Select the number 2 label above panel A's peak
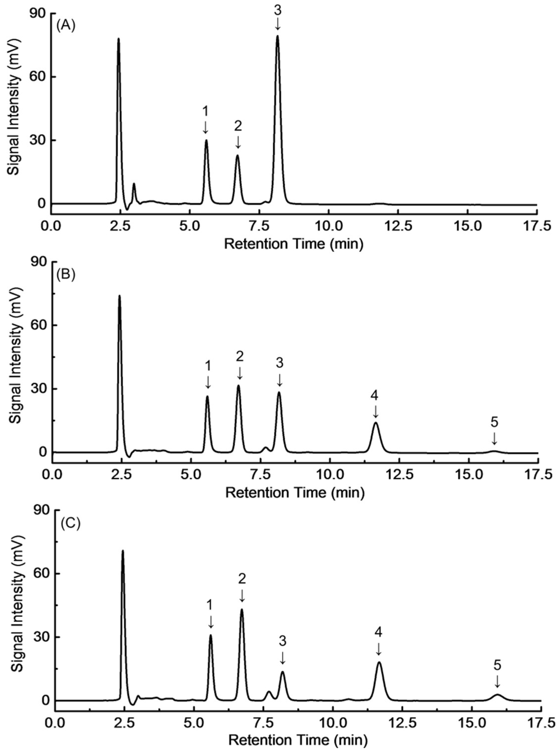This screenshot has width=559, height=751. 238,126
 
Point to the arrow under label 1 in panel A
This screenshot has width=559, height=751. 205,128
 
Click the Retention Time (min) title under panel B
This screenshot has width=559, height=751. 294,493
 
